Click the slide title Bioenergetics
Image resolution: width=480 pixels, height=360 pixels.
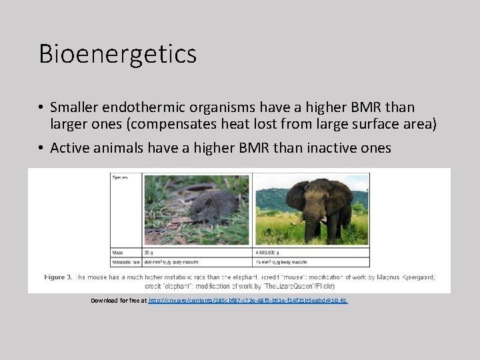pos(117,53)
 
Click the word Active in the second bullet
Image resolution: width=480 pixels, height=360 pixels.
pos(69,147)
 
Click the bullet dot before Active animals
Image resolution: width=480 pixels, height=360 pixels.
pos(41,148)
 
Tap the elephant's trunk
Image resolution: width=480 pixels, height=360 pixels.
pos(311,227)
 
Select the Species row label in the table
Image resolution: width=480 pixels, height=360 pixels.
pos(121,177)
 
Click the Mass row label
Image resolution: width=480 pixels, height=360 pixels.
pos(118,253)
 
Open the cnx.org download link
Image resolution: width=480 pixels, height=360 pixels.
pos(247,301)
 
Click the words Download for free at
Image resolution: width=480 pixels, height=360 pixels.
pos(119,301)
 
